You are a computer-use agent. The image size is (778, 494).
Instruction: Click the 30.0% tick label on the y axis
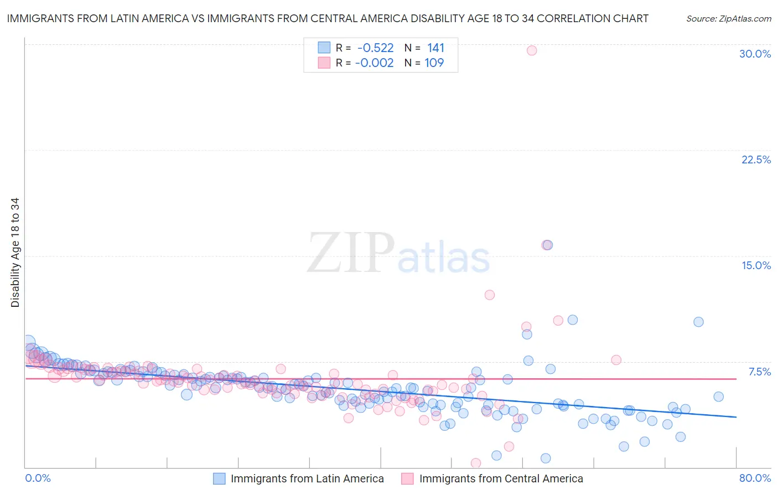tap(755, 54)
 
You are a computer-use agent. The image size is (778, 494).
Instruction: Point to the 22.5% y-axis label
tap(756, 159)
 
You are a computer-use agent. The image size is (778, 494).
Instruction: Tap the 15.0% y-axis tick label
tap(756, 265)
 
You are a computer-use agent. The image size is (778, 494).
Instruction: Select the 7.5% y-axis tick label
tap(759, 372)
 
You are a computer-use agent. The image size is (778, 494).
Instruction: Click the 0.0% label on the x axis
tap(38, 478)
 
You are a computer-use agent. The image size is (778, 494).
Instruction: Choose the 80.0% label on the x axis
tap(755, 478)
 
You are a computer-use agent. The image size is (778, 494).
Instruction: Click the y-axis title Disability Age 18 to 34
tap(15, 253)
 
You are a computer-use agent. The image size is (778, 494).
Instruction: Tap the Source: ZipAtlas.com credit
tap(728, 19)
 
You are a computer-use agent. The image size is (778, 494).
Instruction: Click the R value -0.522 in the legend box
tap(375, 48)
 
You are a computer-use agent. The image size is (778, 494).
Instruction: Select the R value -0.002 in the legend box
tap(374, 63)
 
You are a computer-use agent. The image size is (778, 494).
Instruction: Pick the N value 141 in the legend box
tap(435, 48)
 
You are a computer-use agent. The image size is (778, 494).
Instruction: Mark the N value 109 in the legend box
tap(434, 63)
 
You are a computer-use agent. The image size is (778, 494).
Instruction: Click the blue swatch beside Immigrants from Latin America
tap(220, 478)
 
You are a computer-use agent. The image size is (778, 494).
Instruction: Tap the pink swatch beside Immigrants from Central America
tap(408, 478)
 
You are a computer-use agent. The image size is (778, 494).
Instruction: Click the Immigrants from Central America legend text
tap(501, 478)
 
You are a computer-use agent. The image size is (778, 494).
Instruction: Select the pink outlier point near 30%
tap(532, 50)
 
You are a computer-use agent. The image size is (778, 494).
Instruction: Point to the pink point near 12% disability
tap(490, 295)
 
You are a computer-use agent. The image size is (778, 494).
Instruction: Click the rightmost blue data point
tap(718, 397)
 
